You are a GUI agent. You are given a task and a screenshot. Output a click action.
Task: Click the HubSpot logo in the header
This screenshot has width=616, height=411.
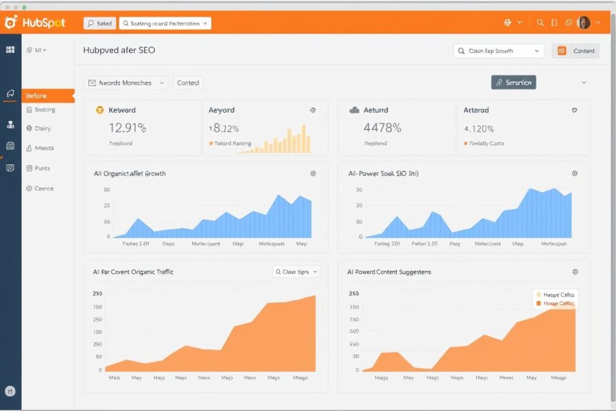(34, 23)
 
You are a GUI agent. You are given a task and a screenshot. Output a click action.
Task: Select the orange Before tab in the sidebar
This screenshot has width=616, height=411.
(48, 96)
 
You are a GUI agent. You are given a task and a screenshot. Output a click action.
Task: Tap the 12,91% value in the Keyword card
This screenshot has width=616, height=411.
(128, 128)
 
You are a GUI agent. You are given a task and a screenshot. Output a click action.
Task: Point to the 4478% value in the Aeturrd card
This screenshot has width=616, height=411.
(382, 128)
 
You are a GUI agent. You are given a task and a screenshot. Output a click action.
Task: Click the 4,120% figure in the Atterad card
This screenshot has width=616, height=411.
(479, 129)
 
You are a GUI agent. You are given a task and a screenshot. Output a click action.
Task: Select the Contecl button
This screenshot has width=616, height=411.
(188, 83)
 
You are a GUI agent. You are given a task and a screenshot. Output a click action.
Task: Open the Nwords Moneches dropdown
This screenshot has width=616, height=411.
(126, 83)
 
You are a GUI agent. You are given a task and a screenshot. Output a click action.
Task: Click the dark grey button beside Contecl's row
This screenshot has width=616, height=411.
(513, 82)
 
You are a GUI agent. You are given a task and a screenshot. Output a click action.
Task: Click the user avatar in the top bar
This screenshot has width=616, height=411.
(583, 23)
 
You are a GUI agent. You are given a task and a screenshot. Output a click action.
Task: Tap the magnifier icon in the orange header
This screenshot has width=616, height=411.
(540, 23)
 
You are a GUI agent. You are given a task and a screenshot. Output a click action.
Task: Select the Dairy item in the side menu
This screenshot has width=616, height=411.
(43, 128)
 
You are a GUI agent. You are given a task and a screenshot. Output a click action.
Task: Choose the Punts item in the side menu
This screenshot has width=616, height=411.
(42, 168)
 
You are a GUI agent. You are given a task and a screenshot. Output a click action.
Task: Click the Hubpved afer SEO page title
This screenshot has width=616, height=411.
(119, 51)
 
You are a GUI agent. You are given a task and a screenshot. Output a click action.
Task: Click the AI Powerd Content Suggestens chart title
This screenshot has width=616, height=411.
(389, 272)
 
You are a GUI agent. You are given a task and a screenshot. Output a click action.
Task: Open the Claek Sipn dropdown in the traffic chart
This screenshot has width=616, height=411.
(296, 272)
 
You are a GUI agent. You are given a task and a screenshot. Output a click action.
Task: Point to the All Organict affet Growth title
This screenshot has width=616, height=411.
(129, 173)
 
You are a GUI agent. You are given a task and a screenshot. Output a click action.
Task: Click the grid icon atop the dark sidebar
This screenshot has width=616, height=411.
(10, 51)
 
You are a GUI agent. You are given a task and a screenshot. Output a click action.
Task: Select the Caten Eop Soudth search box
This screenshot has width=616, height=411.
(498, 51)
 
